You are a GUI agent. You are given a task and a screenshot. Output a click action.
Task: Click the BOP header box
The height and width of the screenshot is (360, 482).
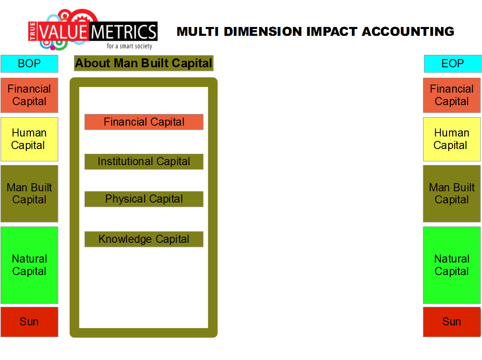(x=29, y=64)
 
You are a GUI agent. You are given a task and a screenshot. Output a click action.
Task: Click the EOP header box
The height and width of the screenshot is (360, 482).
(x=453, y=64)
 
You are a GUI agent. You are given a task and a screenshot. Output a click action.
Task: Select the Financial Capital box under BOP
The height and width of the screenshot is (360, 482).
(x=29, y=95)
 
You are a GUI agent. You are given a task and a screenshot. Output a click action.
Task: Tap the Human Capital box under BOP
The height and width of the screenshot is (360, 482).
(x=29, y=139)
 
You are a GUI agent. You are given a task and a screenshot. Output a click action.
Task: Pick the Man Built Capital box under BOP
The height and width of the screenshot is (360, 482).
(x=29, y=193)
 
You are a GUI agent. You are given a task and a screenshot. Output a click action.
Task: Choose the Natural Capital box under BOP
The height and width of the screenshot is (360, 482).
(x=29, y=265)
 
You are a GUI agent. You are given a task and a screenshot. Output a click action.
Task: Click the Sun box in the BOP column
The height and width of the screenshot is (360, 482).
(x=29, y=322)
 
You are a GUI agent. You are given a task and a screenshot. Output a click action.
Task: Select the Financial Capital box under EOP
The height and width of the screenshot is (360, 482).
(x=451, y=95)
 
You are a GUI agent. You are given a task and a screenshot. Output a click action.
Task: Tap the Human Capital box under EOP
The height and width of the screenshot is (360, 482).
(x=451, y=139)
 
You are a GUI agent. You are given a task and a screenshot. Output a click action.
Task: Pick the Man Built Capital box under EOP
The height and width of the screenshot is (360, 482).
(x=451, y=193)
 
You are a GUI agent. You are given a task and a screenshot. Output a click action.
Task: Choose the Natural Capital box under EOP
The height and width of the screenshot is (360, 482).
(x=451, y=265)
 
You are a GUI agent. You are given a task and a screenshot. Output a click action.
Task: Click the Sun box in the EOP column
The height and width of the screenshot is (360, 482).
(x=451, y=322)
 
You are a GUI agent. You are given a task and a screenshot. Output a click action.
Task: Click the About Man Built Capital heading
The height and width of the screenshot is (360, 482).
(x=144, y=63)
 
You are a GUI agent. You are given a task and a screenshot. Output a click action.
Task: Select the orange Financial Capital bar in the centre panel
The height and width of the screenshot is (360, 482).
(x=144, y=122)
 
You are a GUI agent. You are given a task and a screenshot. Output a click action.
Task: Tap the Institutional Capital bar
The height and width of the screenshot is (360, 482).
(x=144, y=161)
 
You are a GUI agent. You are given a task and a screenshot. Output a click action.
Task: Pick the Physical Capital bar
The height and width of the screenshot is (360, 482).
(x=144, y=199)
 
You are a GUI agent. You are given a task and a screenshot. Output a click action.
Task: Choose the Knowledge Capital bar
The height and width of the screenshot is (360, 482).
(x=144, y=239)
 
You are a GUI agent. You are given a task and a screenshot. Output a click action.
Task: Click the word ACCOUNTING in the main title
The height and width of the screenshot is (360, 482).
(x=408, y=31)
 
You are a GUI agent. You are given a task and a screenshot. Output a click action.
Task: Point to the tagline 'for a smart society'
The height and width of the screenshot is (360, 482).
(x=129, y=46)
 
